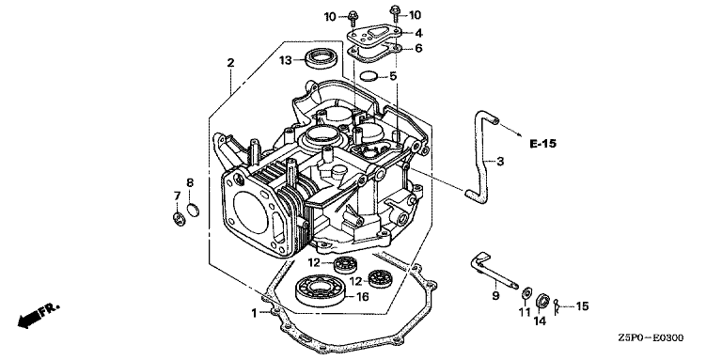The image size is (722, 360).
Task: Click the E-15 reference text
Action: coord(542,144)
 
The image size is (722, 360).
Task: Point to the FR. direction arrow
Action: coord(38,315)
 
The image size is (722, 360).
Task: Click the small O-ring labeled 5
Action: coord(369,76)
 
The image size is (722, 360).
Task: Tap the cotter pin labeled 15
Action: coord(557,307)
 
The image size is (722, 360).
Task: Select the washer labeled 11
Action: coord(526,292)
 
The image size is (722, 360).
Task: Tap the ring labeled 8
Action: coord(194,210)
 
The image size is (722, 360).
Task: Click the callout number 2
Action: coord(230,63)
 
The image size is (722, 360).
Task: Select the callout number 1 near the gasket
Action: coord(254,313)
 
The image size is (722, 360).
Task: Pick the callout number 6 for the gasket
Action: coord(418,48)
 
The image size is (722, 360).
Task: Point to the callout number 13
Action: coord(286,60)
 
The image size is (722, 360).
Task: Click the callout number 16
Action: coord(362,297)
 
